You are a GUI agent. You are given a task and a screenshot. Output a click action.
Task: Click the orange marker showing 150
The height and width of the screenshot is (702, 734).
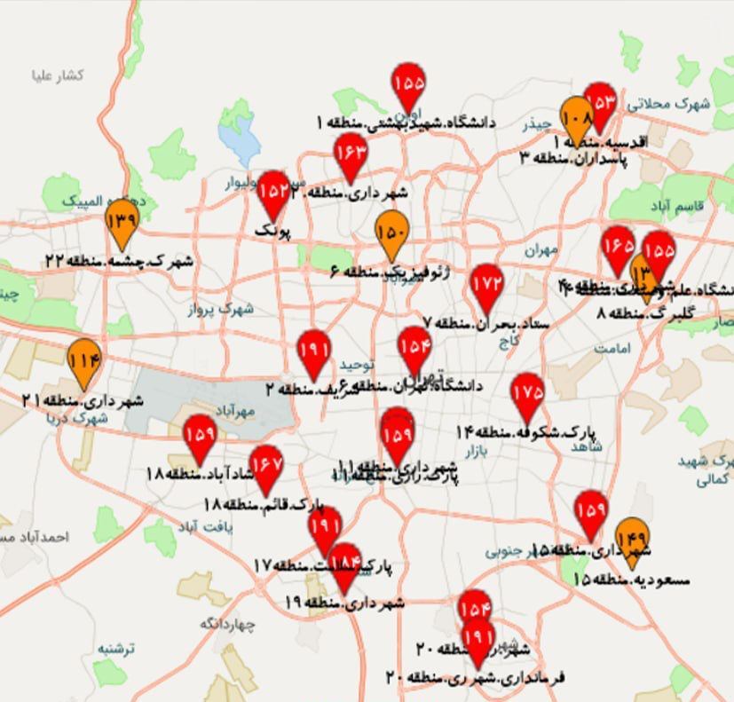(x=391, y=233)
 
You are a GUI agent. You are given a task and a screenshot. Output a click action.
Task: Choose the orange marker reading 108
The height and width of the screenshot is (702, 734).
(x=576, y=119)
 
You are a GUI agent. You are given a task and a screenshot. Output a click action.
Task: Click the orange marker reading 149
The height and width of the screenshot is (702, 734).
(x=631, y=539)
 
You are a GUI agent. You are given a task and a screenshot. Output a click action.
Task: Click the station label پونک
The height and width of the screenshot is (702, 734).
(x=272, y=231)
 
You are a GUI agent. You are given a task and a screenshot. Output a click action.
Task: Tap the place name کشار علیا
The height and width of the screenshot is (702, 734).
(x=58, y=76)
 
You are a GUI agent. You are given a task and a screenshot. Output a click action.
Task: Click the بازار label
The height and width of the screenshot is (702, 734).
(x=477, y=452)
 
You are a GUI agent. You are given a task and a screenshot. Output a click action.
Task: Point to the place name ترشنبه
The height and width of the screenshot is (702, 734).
(x=116, y=649)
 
